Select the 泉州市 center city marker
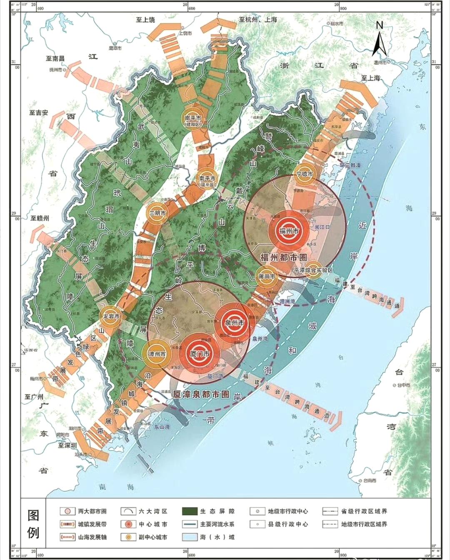tap(234, 323)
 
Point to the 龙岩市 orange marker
tap(111, 317)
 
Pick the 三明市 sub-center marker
tap(158, 213)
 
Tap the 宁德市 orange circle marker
tap(305, 174)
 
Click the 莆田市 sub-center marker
tap(267, 277)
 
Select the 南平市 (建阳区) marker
tap(193, 120)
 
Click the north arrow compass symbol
tap(380, 40)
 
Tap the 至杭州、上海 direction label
tap(258, 20)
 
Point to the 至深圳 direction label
tap(67, 445)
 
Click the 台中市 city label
tap(402, 385)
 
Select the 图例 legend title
tap(33, 524)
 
